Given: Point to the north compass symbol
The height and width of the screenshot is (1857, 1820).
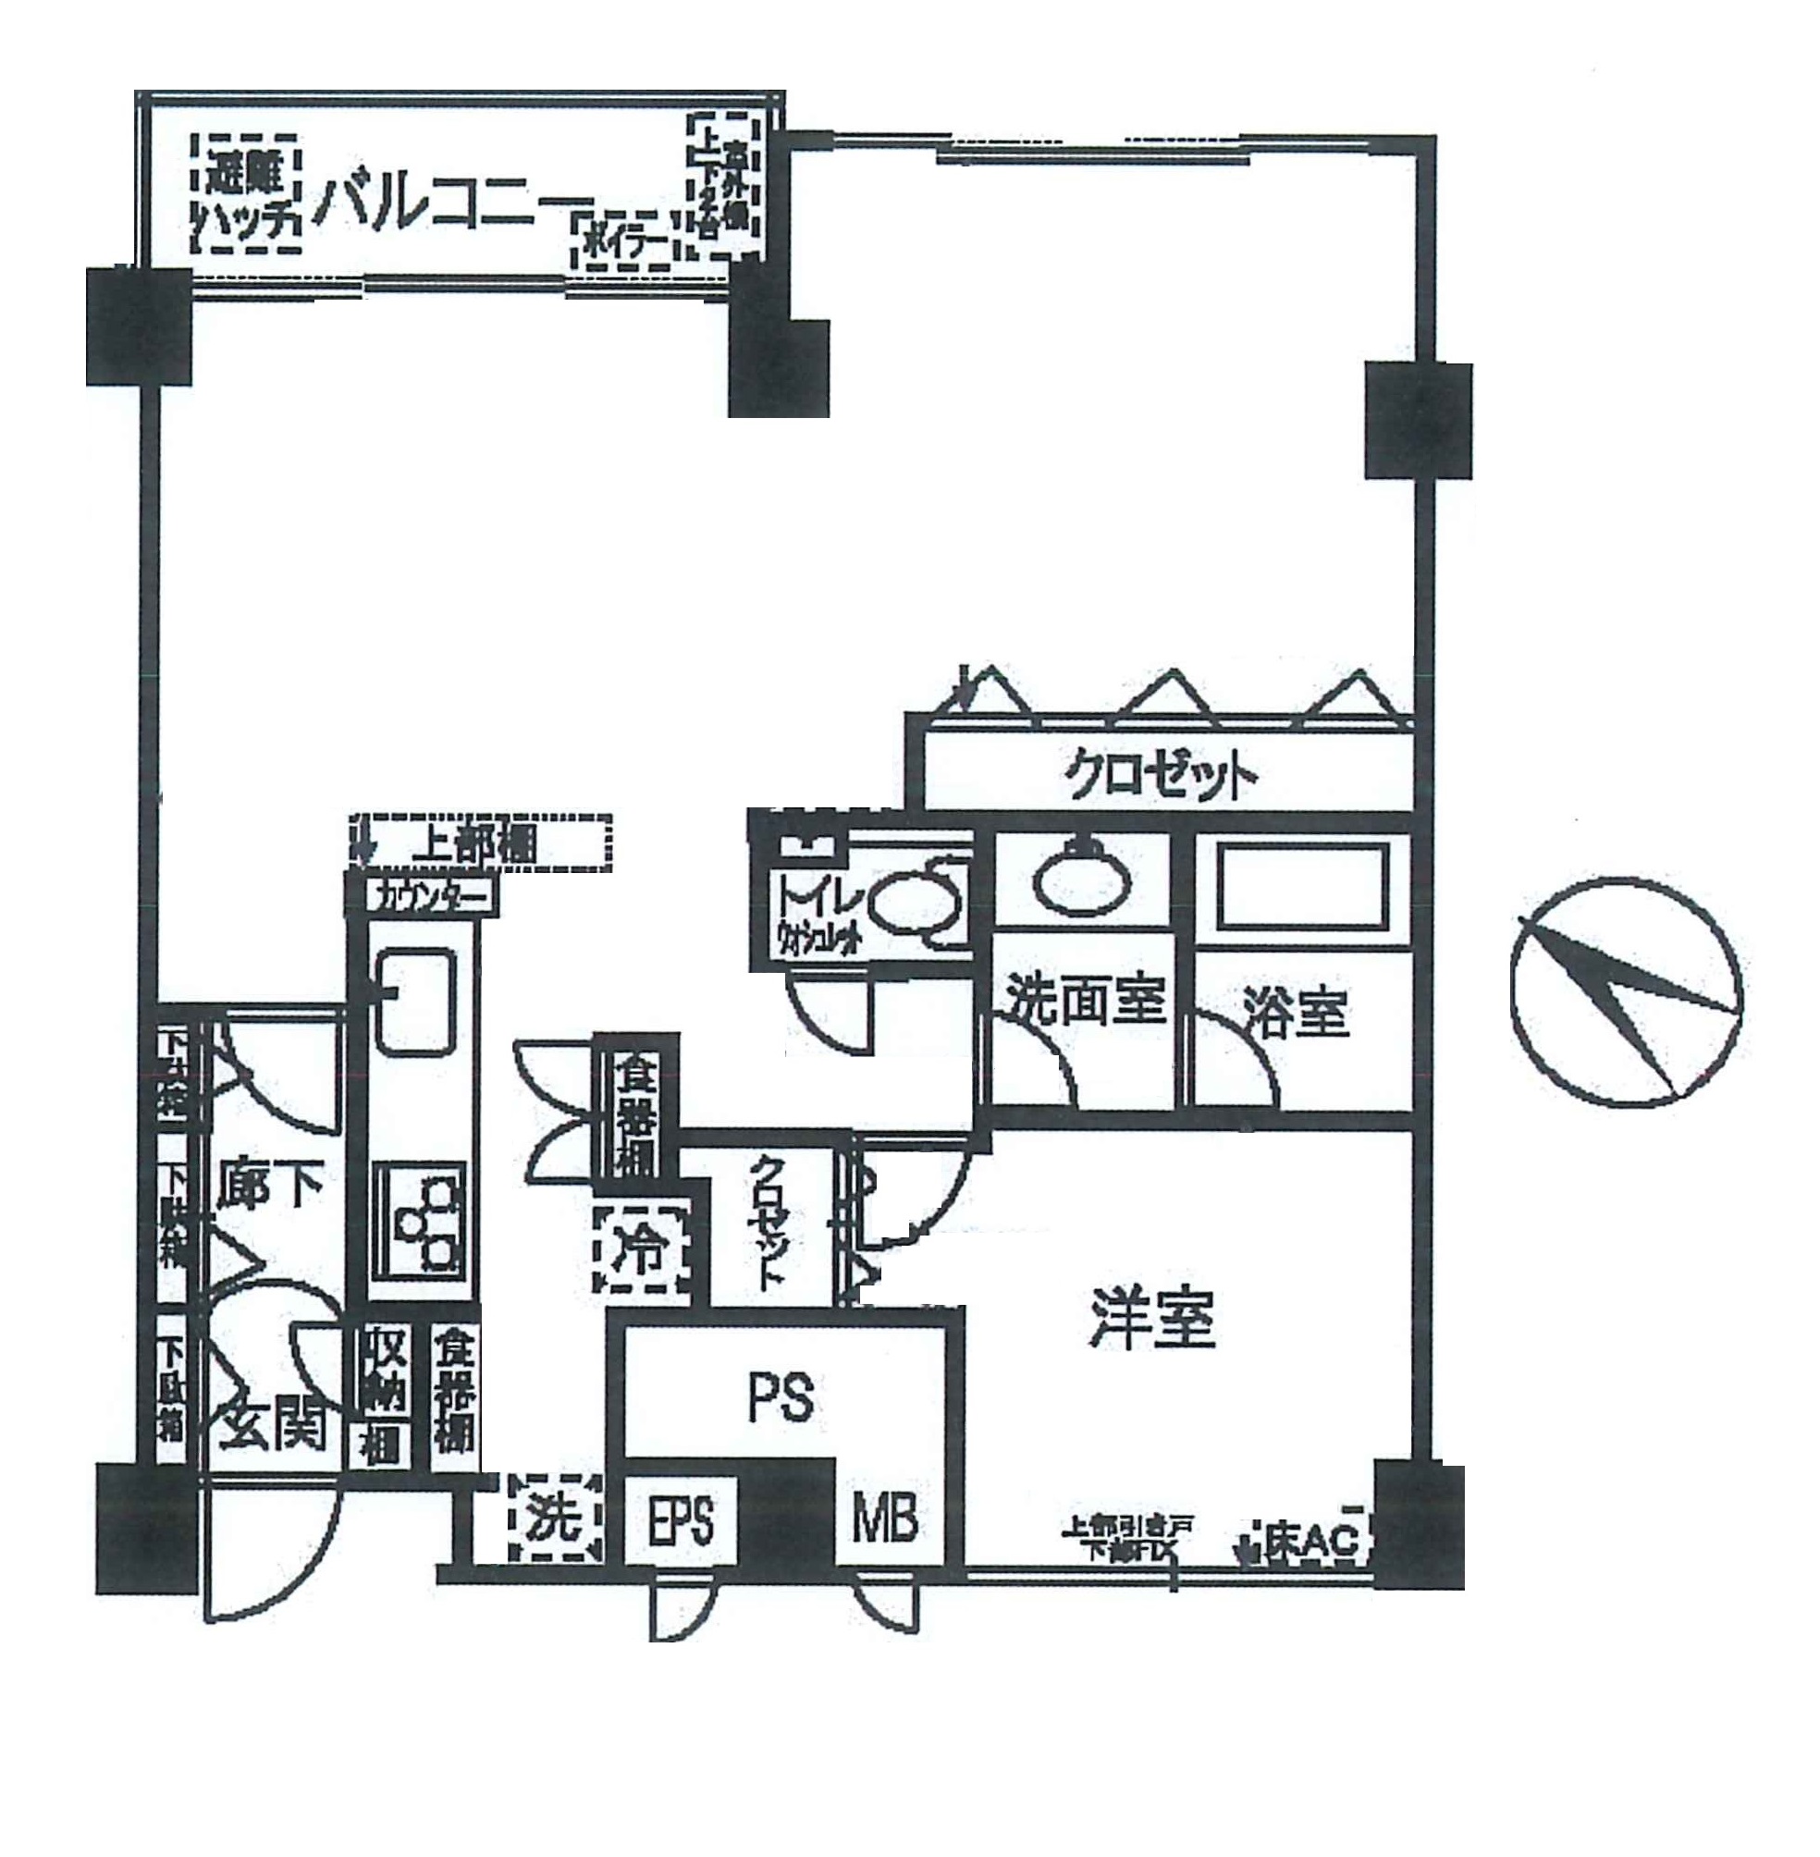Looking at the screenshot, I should tap(1626, 992).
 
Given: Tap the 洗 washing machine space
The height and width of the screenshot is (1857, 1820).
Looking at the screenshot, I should tap(557, 1518).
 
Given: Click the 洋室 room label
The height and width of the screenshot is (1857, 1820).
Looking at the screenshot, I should tap(1152, 1320).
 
